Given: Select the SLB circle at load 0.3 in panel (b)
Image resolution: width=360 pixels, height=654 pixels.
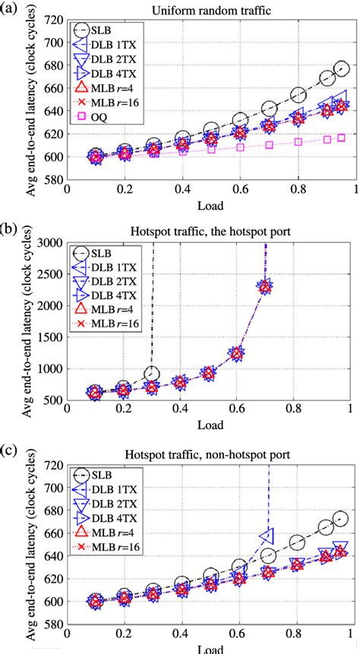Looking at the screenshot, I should click(152, 374).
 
